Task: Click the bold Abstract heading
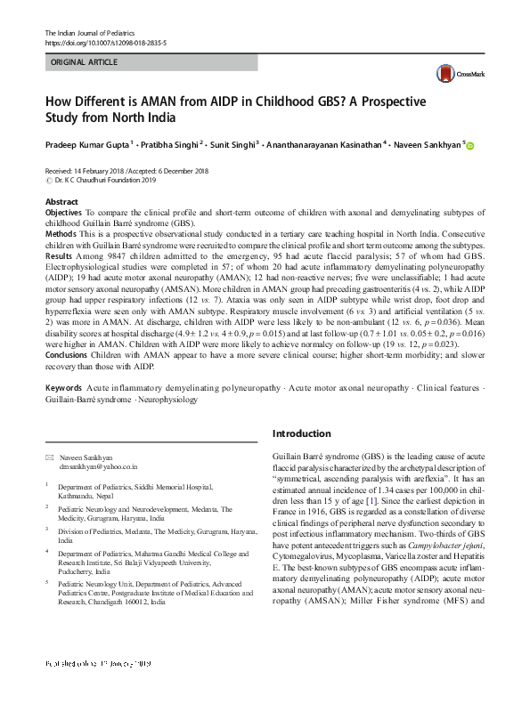pyautogui.click(x=61, y=203)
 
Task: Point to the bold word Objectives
pyautogui.click(x=64, y=214)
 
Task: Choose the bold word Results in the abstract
pyautogui.click(x=59, y=256)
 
